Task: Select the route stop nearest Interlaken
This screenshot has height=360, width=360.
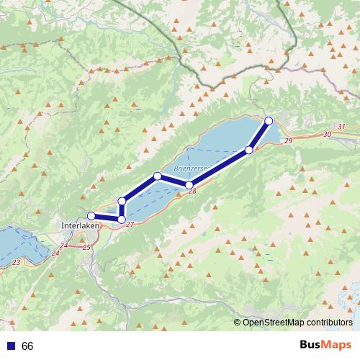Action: coord(91,215)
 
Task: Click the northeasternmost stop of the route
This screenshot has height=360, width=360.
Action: coord(269,120)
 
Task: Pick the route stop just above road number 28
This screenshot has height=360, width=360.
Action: coord(189,185)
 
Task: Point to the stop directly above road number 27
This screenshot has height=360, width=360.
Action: coord(122,219)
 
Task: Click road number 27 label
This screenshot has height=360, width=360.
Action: coord(130,225)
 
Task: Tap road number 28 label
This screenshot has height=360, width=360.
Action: coord(192,192)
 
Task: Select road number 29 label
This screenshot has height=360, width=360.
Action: coord(288,141)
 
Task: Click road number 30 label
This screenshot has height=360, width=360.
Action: coord(328,134)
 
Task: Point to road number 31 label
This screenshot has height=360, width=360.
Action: coord(341,127)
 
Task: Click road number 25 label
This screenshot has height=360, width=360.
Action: coord(87,247)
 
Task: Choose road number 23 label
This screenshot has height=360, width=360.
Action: coord(16,262)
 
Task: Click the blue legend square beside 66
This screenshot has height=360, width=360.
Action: coord(9,346)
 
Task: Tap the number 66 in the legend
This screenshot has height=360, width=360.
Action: coord(27,346)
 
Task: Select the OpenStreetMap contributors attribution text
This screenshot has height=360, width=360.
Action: coord(294,323)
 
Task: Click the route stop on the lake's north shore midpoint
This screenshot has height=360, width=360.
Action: coord(158,176)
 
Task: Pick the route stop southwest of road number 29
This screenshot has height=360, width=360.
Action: coord(249,150)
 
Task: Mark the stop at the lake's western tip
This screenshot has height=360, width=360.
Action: coord(122,201)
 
